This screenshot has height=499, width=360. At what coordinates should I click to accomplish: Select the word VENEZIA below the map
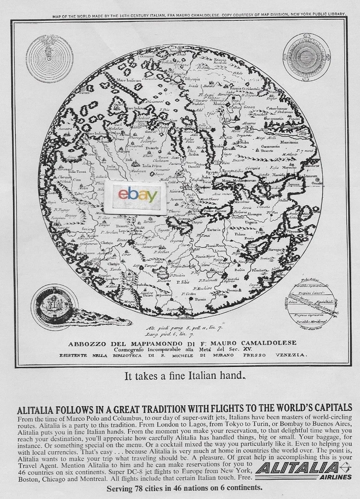click(x=290, y=356)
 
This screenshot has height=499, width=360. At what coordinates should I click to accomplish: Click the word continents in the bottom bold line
click(x=239, y=488)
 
